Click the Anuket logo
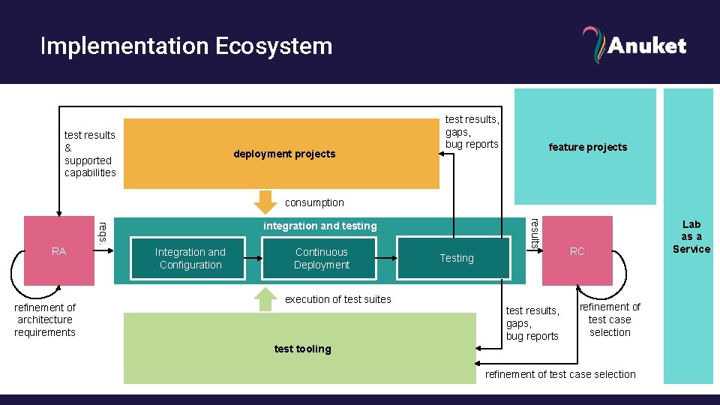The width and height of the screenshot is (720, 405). (x=634, y=45)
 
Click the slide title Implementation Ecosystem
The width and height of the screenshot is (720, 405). (x=186, y=46)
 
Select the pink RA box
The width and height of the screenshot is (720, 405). (x=59, y=251)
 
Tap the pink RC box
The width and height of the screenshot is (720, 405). (x=577, y=251)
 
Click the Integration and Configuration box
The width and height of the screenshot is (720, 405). (x=190, y=259)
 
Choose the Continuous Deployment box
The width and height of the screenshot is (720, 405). (x=321, y=259)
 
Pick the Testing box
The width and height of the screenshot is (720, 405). (x=457, y=259)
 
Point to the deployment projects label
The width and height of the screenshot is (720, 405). (x=284, y=154)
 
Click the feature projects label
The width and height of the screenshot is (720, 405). (x=587, y=147)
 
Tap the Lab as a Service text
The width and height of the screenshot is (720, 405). (x=691, y=236)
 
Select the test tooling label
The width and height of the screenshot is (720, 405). (x=302, y=349)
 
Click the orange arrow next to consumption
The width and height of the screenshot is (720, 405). (x=264, y=202)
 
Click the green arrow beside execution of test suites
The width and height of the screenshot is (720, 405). (x=264, y=298)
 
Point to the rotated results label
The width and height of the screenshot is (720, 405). (x=534, y=232)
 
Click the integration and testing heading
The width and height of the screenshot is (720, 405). (x=319, y=226)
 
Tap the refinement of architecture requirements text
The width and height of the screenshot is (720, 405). (x=45, y=319)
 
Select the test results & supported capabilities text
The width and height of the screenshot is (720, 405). (x=90, y=154)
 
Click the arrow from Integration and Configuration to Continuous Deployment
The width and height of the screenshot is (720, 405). (x=254, y=259)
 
